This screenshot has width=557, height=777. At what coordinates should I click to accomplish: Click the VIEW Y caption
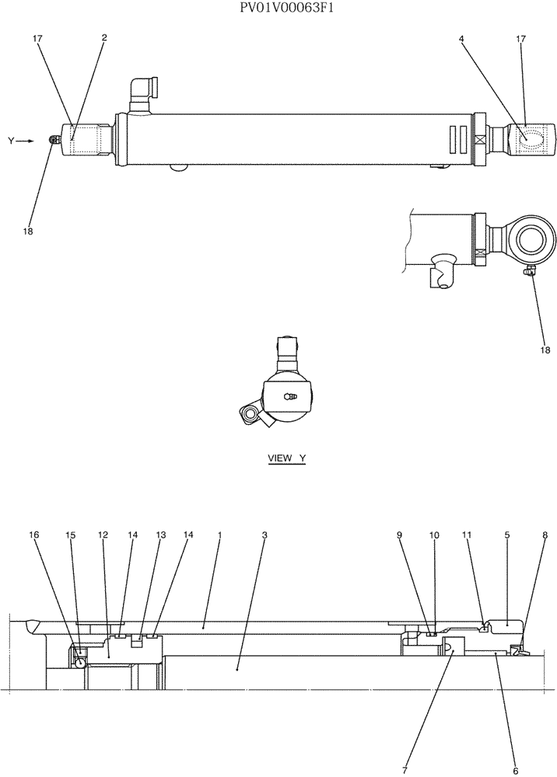[x=286, y=458]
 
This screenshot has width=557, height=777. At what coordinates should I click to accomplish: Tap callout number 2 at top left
[x=104, y=37]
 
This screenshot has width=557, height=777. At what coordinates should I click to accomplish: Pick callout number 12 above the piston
[x=103, y=535]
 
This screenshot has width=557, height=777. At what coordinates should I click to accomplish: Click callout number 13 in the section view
[x=160, y=535]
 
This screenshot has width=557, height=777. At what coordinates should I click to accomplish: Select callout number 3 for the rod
[x=264, y=535]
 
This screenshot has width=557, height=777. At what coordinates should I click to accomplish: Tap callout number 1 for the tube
[x=220, y=535]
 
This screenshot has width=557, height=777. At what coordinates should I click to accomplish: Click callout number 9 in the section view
[x=399, y=535]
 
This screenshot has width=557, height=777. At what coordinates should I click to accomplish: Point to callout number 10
[x=434, y=535]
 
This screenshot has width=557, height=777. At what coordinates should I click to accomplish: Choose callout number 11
[x=467, y=535]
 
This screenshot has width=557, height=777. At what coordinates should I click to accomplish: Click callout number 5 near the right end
[x=506, y=535]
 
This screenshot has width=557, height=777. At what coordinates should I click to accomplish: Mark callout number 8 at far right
[x=545, y=535]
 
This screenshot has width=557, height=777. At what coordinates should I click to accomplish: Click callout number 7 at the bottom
[x=405, y=769]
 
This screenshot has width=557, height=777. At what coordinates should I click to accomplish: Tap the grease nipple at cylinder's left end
[x=54, y=140]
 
